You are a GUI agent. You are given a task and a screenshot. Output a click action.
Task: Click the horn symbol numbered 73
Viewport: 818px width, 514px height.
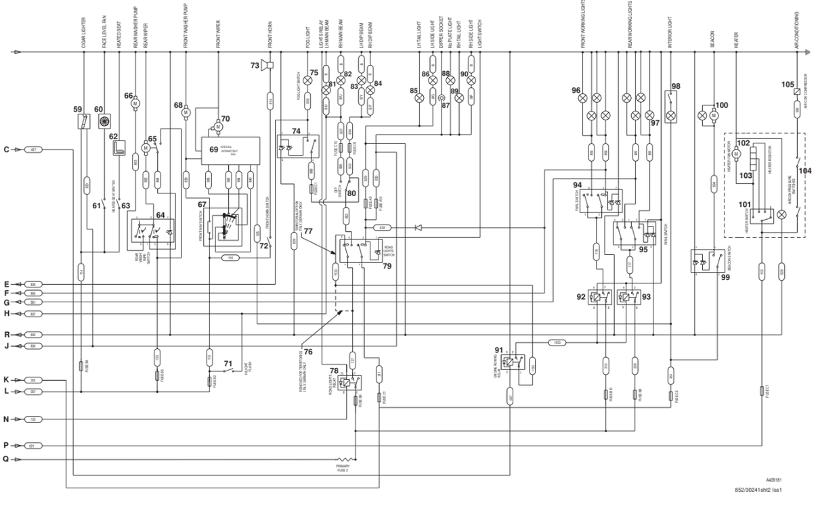click(x=270, y=66)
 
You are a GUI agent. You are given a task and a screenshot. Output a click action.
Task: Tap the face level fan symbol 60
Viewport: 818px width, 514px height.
click(x=105, y=122)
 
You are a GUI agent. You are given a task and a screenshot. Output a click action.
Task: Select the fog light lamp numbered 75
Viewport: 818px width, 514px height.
click(x=306, y=80)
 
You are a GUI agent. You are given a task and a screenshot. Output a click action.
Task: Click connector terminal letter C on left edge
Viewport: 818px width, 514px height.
click(x=6, y=149)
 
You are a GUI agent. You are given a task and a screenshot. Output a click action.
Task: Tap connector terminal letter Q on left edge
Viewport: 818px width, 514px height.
click(x=6, y=459)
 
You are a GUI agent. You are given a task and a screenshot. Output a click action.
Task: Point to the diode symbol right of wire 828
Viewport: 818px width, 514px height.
click(x=418, y=228)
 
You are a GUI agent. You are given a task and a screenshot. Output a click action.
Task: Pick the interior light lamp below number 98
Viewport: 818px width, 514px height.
click(x=670, y=116)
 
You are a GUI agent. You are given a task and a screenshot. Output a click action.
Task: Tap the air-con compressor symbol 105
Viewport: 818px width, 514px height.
click(x=797, y=91)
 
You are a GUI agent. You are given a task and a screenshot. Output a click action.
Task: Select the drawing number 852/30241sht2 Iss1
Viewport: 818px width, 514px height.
click(x=760, y=490)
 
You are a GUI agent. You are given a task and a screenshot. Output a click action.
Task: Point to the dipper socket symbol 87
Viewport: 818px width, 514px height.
click(x=444, y=97)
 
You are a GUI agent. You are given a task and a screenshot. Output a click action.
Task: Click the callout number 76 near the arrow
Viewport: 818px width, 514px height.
click(x=307, y=352)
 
